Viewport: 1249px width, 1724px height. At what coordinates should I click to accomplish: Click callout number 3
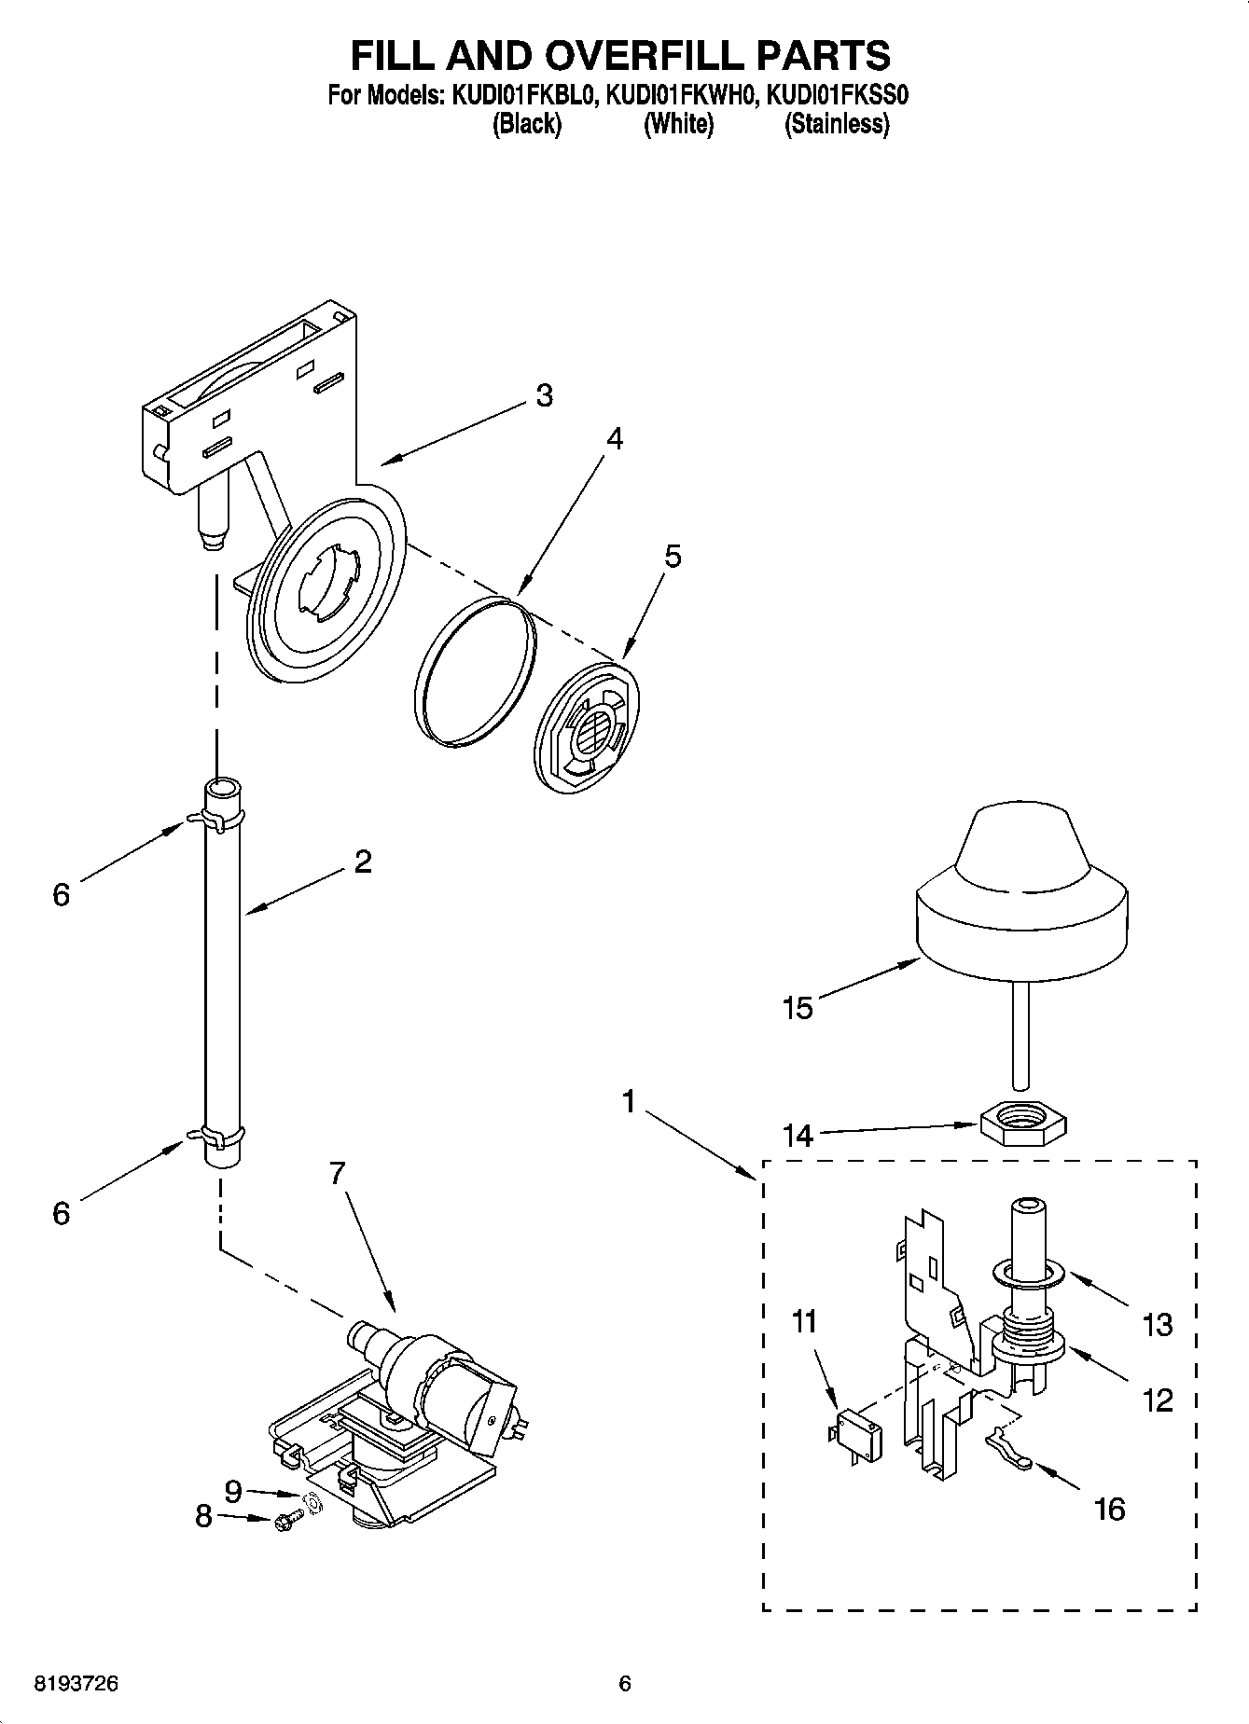tap(544, 395)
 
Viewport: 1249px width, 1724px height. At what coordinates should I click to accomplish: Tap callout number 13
tap(1157, 1324)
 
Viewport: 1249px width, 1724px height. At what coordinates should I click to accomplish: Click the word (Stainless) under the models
tap(837, 124)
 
